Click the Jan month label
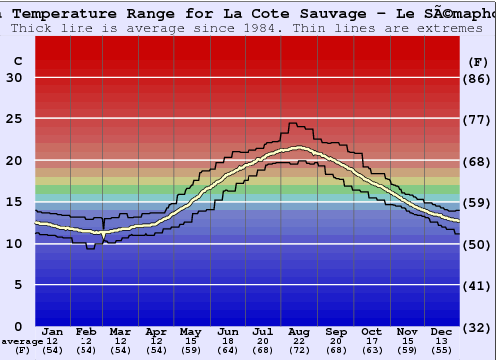coord(53,331)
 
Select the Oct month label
coord(371,331)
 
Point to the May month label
coord(189,331)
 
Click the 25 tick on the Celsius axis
coord(14,118)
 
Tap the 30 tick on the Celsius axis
coord(14,78)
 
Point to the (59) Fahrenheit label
coord(478,203)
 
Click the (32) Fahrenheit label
coord(478,327)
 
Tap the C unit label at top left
coord(17,61)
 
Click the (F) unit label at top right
coord(478,61)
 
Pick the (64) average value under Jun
coord(227,350)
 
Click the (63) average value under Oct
coord(371,350)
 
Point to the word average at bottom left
coord(21,341)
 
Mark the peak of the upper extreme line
coord(291,123)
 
